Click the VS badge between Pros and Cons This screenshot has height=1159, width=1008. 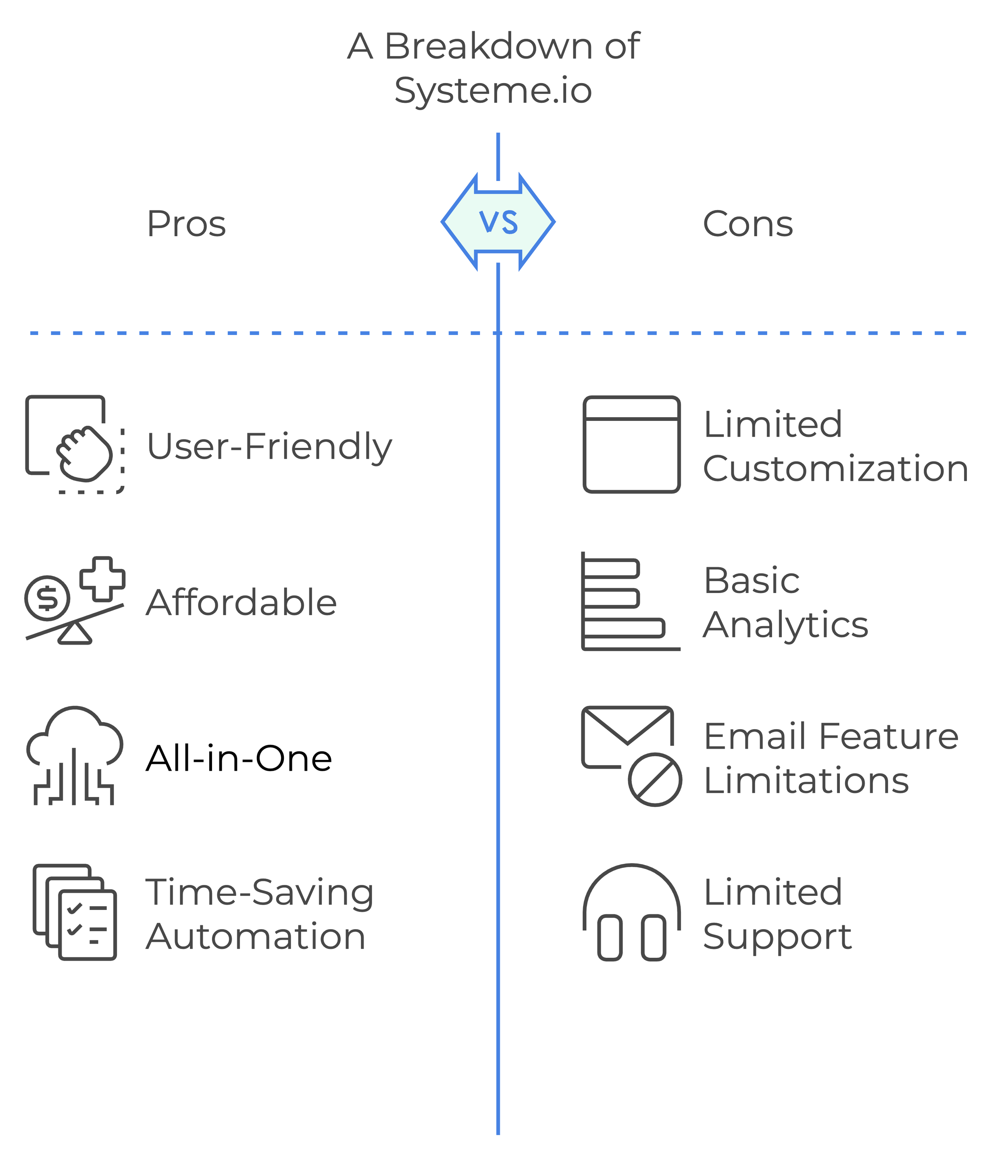(498, 222)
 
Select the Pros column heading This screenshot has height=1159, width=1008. (186, 224)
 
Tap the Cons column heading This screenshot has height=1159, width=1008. (748, 224)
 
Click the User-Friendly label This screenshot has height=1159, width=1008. (269, 447)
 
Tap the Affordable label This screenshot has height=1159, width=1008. (241, 602)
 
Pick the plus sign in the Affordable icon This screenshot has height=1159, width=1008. (102, 579)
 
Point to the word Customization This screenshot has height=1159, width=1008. (835, 468)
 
